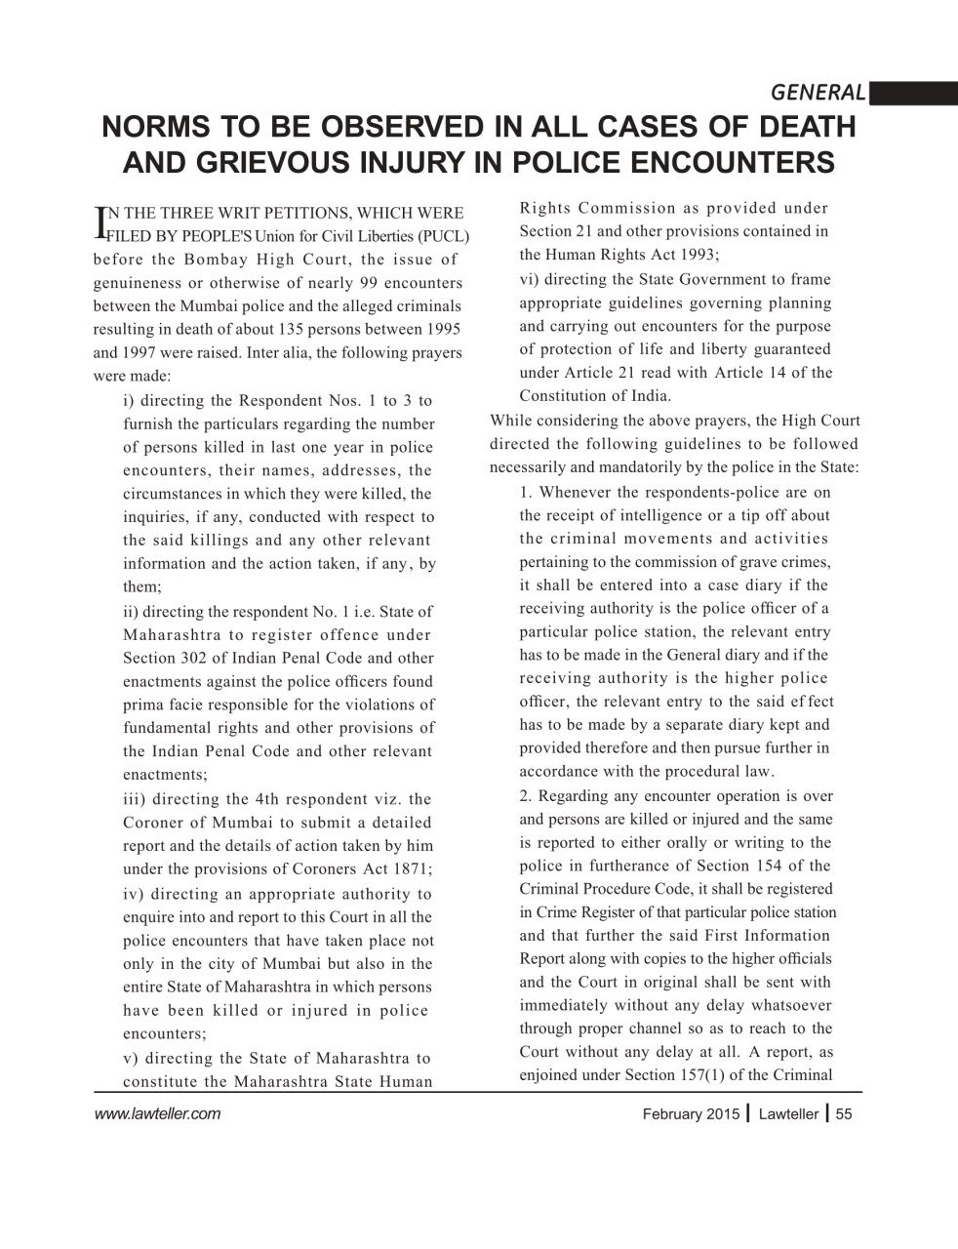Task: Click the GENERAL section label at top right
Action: click(x=818, y=93)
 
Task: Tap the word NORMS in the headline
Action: click(x=162, y=127)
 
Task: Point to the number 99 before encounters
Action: click(x=370, y=283)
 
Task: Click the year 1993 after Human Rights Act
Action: click(x=697, y=254)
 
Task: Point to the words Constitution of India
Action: click(x=594, y=395)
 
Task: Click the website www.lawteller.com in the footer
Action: click(x=157, y=1113)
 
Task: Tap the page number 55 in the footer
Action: click(x=845, y=1114)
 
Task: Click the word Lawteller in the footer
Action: click(x=788, y=1114)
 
